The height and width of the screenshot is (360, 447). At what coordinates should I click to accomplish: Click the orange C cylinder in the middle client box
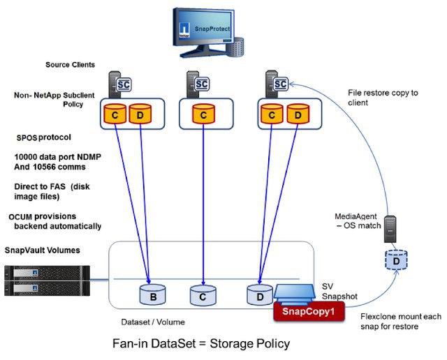tap(203, 112)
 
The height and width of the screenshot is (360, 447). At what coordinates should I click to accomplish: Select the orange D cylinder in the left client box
tap(140, 112)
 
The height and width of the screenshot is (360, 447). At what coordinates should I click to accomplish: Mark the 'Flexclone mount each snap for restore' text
tap(395, 321)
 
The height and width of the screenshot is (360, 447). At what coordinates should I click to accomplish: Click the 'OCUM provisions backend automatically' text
tap(57, 220)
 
